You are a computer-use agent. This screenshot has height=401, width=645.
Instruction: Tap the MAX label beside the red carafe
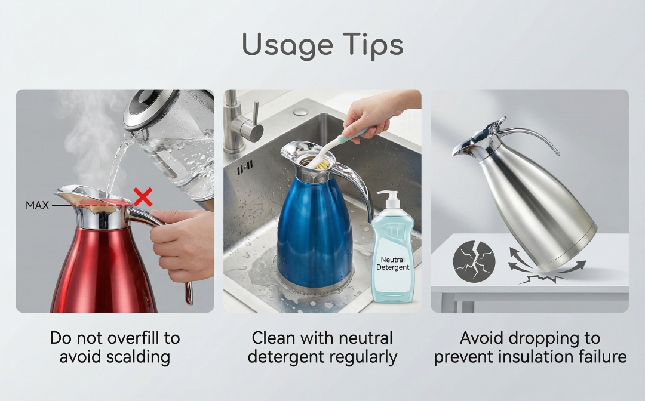(x=38, y=205)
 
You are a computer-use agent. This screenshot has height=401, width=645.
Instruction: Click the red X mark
(x=143, y=197)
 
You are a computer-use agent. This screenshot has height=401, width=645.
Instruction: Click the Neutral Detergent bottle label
(x=393, y=263)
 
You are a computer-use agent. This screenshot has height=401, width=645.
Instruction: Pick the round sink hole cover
(x=300, y=112)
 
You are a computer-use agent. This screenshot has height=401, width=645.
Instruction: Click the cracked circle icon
(x=474, y=261)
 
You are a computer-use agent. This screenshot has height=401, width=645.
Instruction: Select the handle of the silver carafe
(x=535, y=135)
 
